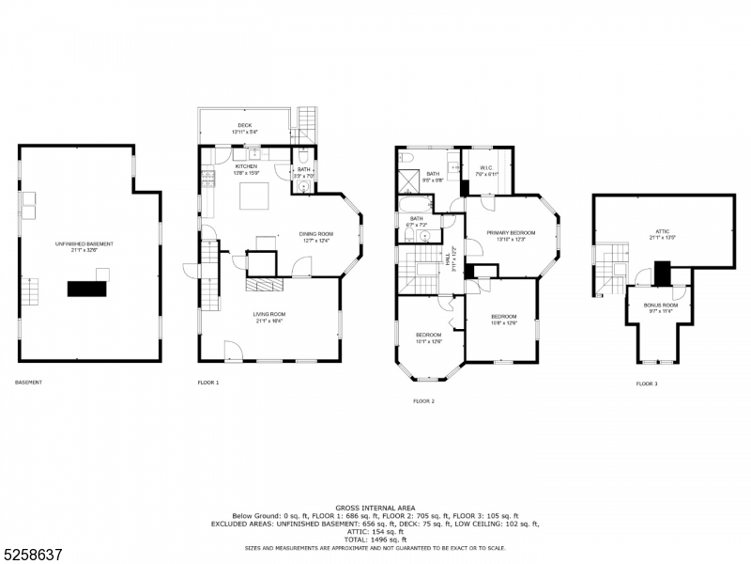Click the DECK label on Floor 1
244,125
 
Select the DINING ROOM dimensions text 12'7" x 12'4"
316,241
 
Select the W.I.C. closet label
486,168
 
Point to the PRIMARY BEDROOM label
511,232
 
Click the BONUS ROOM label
660,305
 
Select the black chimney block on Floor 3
663,273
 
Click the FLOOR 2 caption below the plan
423,401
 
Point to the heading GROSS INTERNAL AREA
375,508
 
